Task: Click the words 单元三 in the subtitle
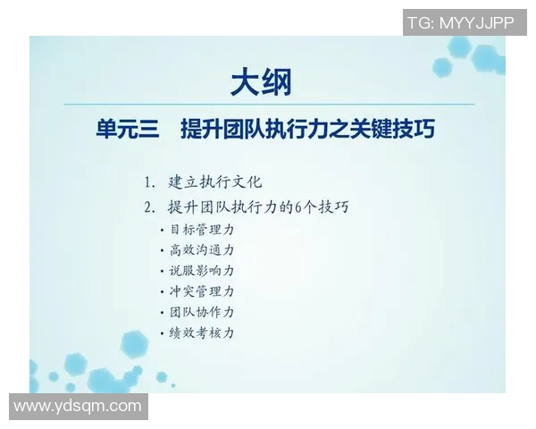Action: (127, 130)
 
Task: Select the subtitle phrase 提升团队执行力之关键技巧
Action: (307, 130)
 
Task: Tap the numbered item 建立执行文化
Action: (215, 182)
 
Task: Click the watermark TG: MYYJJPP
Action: (460, 22)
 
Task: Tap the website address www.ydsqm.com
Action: (78, 407)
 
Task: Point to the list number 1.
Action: (148, 182)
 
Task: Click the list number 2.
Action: (148, 207)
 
